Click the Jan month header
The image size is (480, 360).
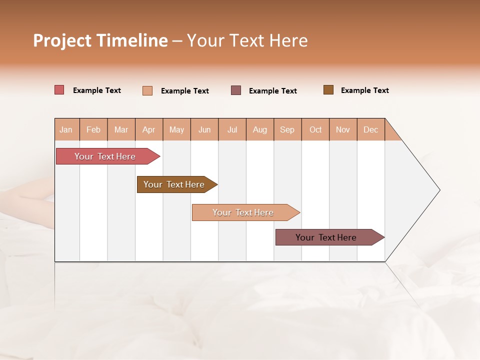coord(66,129)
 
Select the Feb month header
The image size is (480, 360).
coord(93,129)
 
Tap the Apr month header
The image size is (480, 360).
coord(149,129)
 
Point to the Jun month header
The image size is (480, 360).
coord(204,129)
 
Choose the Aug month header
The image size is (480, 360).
coord(260,129)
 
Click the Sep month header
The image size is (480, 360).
coord(287,129)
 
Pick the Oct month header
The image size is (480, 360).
coord(315,129)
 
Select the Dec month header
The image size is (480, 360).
coord(371,129)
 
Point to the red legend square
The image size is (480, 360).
coord(59,90)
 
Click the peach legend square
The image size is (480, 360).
coord(147,90)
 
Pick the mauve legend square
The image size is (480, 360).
coord(236,90)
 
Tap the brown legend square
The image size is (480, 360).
coord(328,90)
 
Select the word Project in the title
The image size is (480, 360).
coord(62,40)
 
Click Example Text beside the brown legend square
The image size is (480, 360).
coord(364,90)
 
